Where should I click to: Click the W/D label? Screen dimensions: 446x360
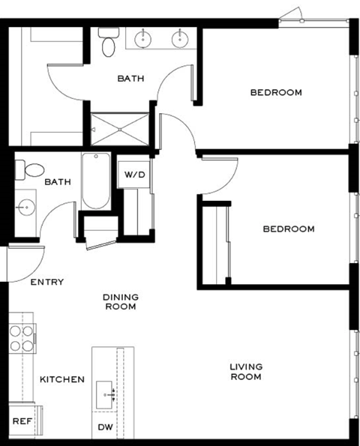coord(134,175)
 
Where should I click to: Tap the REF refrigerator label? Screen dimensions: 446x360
coord(22,421)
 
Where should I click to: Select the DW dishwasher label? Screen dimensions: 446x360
coord(106,427)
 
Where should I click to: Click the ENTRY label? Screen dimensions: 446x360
coord(46,283)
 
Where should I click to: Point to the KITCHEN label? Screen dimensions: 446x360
coord(61,380)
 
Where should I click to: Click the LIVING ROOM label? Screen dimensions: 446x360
coord(245,371)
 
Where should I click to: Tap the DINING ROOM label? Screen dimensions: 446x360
coord(120,301)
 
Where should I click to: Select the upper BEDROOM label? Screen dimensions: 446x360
coord(276,93)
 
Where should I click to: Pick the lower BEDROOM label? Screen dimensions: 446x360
coord(288,229)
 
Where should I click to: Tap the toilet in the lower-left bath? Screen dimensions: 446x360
coord(28,172)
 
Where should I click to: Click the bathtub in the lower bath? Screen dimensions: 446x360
coord(95,181)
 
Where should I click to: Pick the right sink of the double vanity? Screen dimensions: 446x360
coord(180,37)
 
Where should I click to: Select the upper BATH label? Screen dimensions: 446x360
coord(130,78)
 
